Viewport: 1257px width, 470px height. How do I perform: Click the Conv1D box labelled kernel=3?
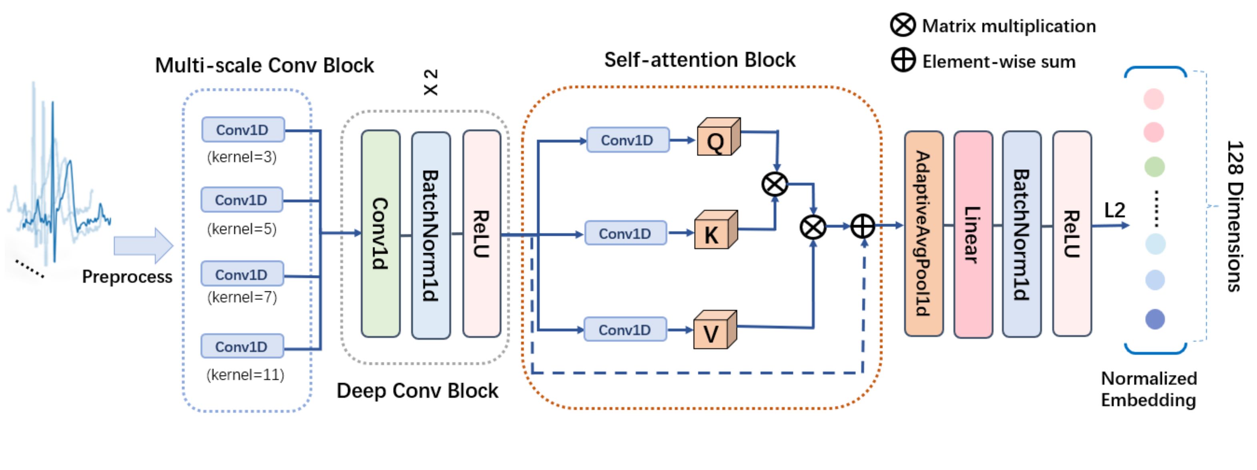[243, 130]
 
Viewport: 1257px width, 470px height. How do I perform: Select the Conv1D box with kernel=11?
[242, 347]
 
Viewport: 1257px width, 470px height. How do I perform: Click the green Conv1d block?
[381, 233]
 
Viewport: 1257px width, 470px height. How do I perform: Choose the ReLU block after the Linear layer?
[1072, 233]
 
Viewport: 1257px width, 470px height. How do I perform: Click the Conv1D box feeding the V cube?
[625, 330]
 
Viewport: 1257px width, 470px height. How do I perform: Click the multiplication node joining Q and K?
[774, 184]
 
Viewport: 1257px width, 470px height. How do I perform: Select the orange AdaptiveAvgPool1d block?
[923, 233]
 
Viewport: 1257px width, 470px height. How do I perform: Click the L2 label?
[1114, 210]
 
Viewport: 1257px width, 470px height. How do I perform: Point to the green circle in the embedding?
[1155, 167]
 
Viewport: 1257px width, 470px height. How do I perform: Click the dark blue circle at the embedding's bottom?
[1155, 319]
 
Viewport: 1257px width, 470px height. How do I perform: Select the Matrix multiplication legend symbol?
[903, 25]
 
